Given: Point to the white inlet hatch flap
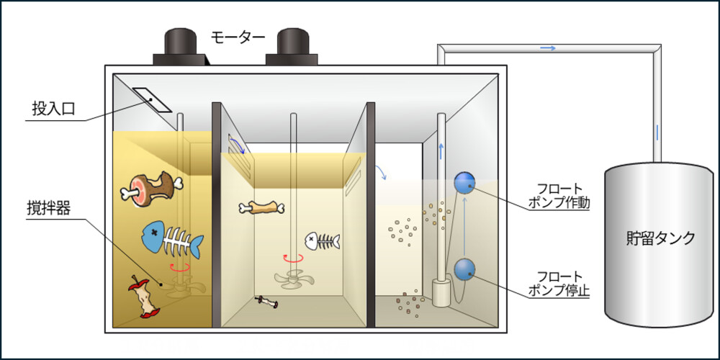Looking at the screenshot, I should point(153,102).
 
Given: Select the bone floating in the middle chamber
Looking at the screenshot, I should point(261,209).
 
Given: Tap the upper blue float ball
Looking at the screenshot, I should point(464,183).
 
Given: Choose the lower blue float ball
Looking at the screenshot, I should point(464,269).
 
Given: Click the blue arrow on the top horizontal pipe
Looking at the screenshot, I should point(548,48).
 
